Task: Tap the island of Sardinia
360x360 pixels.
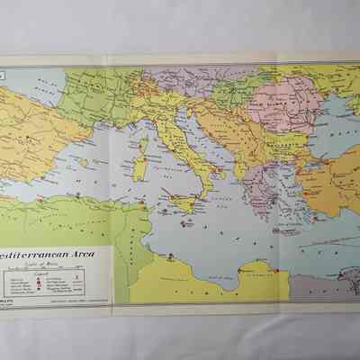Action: coord(141,168)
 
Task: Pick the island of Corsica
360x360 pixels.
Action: coord(143,142)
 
